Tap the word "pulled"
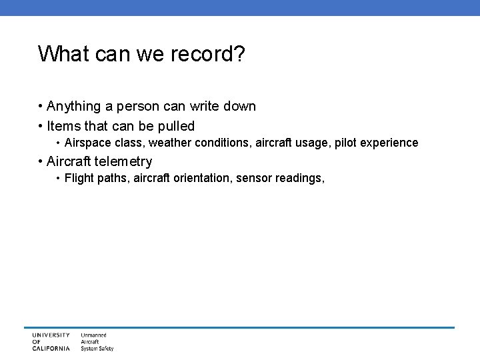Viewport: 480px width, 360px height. coord(175,125)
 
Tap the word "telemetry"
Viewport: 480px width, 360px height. coord(124,161)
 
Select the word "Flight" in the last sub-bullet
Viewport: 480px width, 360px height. coord(79,179)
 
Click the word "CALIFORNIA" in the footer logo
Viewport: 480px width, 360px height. coord(50,348)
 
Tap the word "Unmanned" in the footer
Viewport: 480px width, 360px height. coord(94,335)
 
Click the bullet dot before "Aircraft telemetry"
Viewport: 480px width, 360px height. coord(41,161)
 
